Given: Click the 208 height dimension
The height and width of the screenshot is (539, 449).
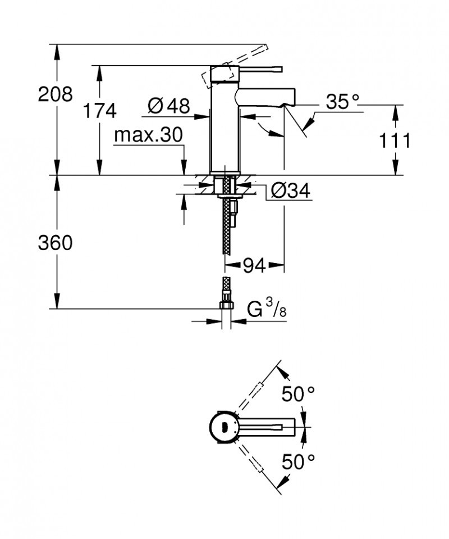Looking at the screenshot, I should point(55,94).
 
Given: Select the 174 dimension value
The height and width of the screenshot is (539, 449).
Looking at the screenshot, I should point(99,110).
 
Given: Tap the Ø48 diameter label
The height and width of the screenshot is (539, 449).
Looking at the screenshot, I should point(168,105).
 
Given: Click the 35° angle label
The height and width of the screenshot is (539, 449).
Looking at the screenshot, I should point(342,102).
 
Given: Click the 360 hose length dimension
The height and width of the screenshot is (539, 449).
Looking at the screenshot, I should point(55,243).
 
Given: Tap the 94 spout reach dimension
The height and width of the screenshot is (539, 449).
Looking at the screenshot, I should point(254,264).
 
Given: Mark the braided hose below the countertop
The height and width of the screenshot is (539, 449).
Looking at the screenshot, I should point(227,225).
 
